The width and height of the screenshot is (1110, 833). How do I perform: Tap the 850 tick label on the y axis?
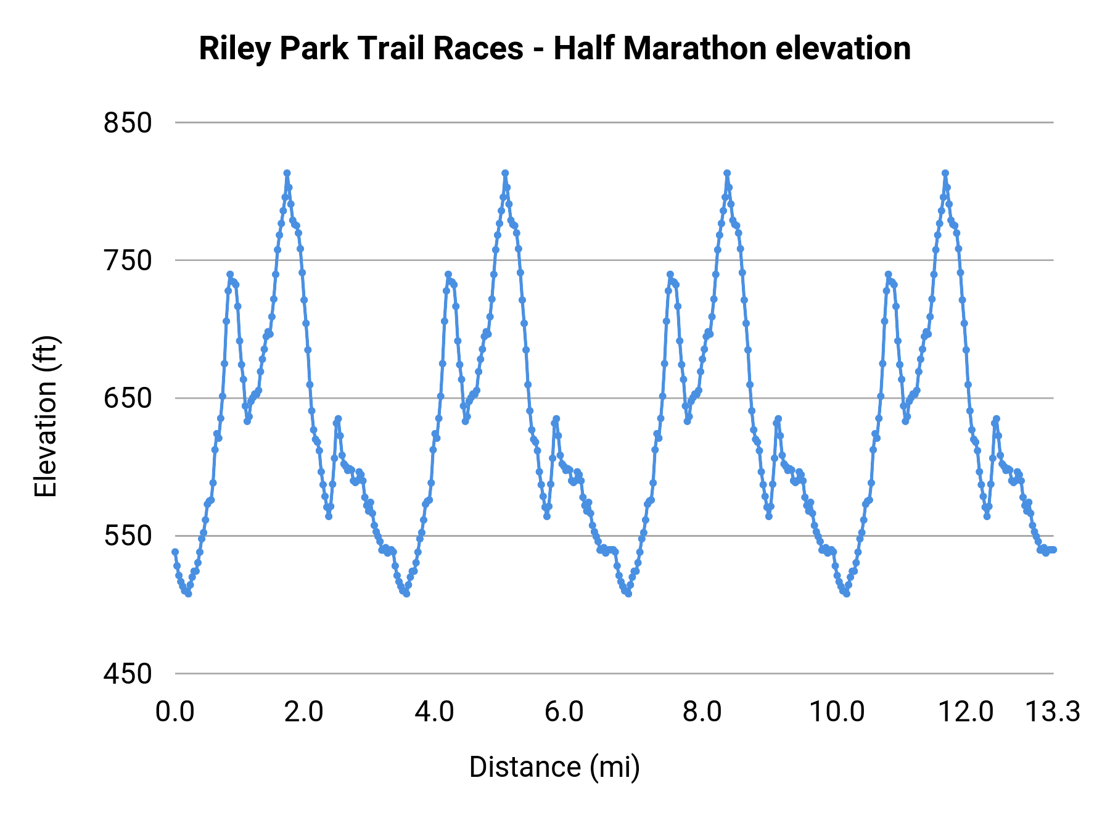pyautogui.click(x=128, y=123)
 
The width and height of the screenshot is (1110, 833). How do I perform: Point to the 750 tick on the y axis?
pyautogui.click(x=128, y=260)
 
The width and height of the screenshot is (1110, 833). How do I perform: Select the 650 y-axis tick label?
pyautogui.click(x=128, y=398)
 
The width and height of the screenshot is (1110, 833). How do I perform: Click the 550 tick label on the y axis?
pyautogui.click(x=128, y=536)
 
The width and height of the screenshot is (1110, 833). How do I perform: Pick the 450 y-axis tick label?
pyautogui.click(x=128, y=673)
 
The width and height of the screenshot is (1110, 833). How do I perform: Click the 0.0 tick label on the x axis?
pyautogui.click(x=175, y=712)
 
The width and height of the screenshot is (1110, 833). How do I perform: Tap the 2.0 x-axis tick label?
pyautogui.click(x=304, y=712)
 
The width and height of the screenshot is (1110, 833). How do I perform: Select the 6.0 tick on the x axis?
pyautogui.click(x=564, y=712)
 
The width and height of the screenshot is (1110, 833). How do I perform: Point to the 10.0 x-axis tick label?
pyautogui.click(x=837, y=712)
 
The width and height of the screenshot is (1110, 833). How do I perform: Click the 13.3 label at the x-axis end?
pyautogui.click(x=1053, y=712)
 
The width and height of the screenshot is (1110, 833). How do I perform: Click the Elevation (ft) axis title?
pyautogui.click(x=46, y=416)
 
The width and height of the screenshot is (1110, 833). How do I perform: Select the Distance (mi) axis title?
pyautogui.click(x=554, y=767)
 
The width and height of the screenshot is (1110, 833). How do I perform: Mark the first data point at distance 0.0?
pyautogui.click(x=175, y=552)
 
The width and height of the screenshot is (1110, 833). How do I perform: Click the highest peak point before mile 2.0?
pyautogui.click(x=287, y=173)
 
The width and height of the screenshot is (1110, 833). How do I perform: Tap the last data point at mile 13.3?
pyautogui.click(x=1053, y=549)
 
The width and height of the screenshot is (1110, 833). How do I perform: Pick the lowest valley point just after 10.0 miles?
pyautogui.click(x=847, y=594)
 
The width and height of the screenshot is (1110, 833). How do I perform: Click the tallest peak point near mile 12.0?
pyautogui.click(x=945, y=173)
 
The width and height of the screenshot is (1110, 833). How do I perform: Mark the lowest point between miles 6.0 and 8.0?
pyautogui.click(x=628, y=594)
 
